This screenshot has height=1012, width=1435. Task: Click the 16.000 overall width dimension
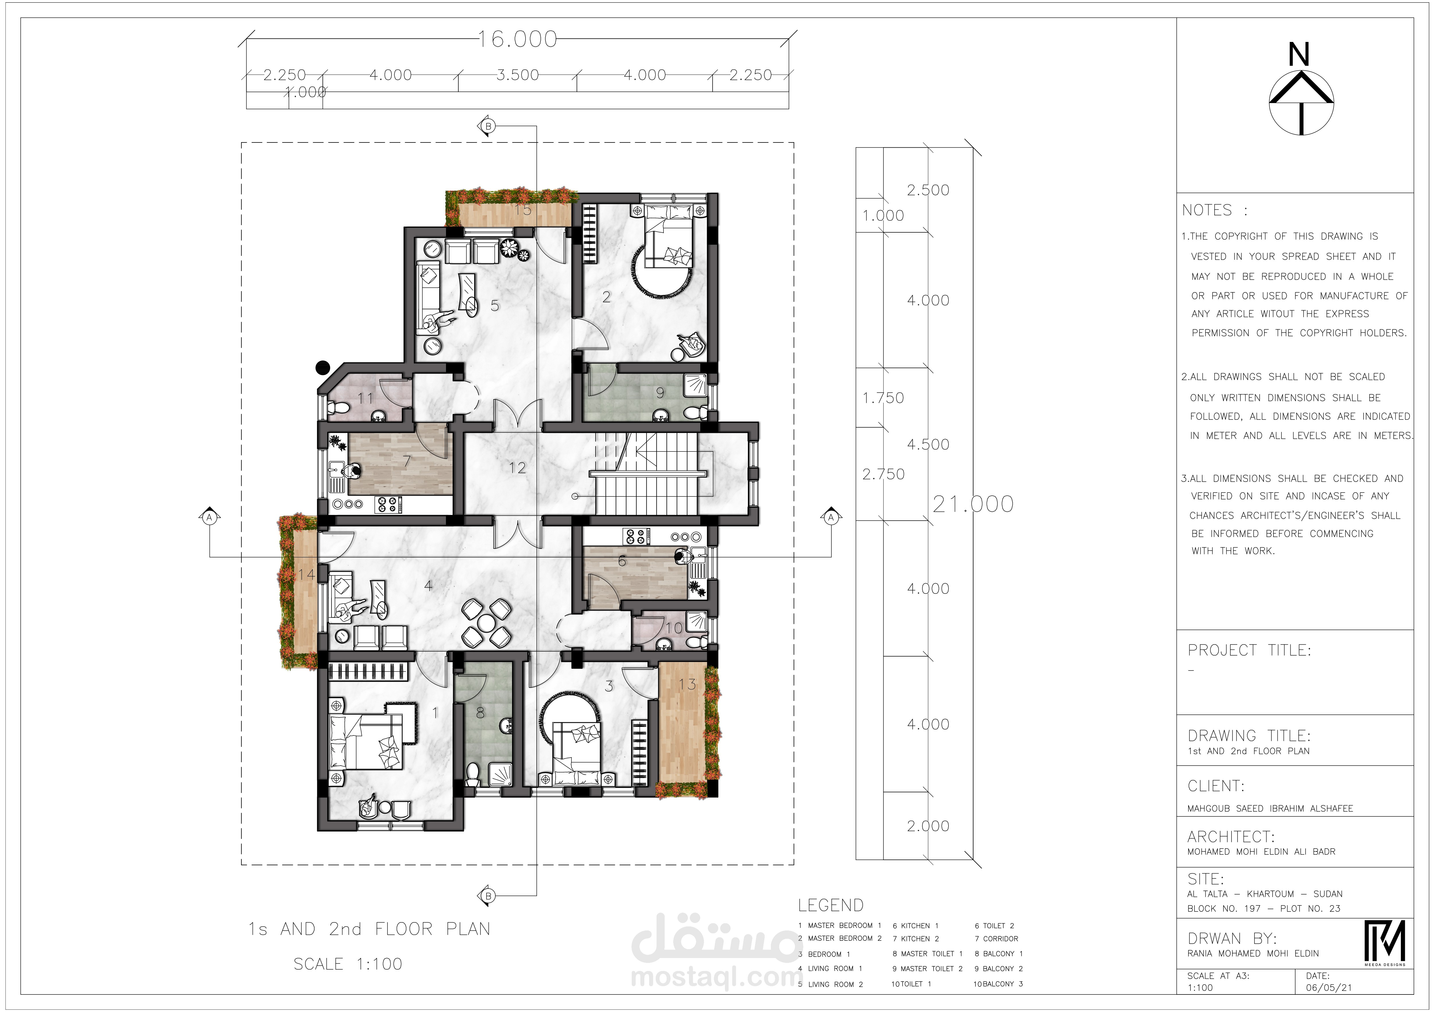click(517, 39)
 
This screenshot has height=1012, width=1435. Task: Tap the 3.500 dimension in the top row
click(517, 75)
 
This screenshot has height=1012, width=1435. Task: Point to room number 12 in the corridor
click(517, 468)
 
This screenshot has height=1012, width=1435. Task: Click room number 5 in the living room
click(495, 306)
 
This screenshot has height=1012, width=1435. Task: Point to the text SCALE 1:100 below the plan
click(348, 964)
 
